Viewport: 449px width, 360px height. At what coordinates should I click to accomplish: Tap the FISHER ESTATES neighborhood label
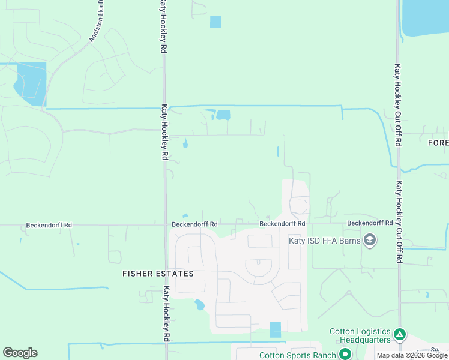click(x=158, y=274)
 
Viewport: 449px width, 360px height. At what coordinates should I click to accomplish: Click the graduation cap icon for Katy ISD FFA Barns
click(x=370, y=241)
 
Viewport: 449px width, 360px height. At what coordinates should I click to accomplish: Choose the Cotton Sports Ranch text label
click(x=297, y=355)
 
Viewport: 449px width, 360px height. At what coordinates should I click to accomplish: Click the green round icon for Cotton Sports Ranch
click(x=345, y=354)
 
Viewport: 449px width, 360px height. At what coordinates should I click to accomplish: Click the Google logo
click(x=20, y=353)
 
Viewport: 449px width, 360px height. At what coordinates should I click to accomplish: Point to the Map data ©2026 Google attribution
click(x=412, y=355)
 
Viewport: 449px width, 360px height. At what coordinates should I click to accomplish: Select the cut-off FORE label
click(x=438, y=143)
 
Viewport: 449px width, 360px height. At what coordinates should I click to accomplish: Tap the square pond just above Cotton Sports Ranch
click(x=275, y=329)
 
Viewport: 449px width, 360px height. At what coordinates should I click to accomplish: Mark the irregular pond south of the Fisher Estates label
click(x=199, y=305)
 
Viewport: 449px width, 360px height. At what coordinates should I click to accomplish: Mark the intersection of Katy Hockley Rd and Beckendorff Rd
click(x=165, y=226)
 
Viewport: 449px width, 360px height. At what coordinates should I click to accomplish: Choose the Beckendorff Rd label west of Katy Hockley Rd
click(x=49, y=226)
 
